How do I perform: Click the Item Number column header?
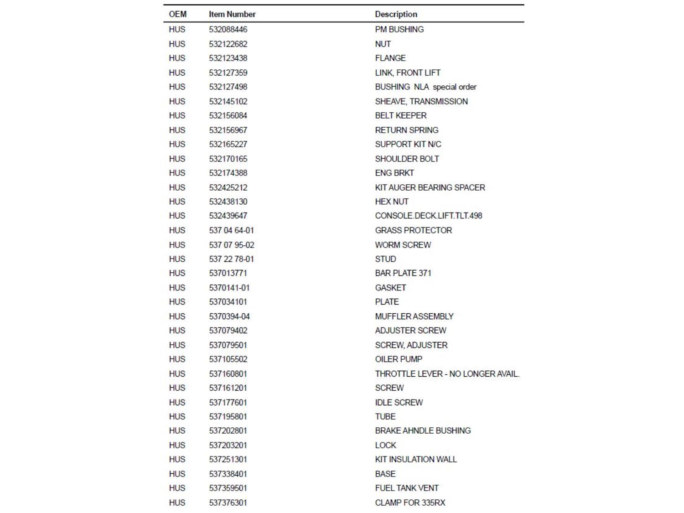(x=232, y=14)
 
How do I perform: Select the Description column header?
(x=396, y=14)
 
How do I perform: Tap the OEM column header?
(x=177, y=14)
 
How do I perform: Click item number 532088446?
(x=228, y=29)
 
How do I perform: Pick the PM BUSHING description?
(x=399, y=29)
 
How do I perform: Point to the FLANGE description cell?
(x=390, y=58)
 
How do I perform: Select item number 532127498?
(x=228, y=87)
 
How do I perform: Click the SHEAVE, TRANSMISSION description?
(x=421, y=101)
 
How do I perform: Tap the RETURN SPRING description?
(x=406, y=130)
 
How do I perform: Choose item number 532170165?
(x=228, y=159)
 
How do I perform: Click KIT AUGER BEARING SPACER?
(x=430, y=187)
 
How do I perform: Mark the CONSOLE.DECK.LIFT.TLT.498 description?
(x=428, y=216)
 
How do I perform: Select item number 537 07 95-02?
(x=232, y=245)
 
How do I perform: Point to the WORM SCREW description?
(x=403, y=245)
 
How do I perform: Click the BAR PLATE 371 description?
(x=403, y=273)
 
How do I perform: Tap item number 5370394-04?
(x=229, y=316)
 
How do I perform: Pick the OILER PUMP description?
(x=399, y=359)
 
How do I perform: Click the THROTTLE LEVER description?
(x=447, y=374)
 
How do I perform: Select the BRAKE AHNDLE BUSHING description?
(x=423, y=430)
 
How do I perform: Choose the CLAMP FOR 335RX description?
(x=410, y=503)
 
